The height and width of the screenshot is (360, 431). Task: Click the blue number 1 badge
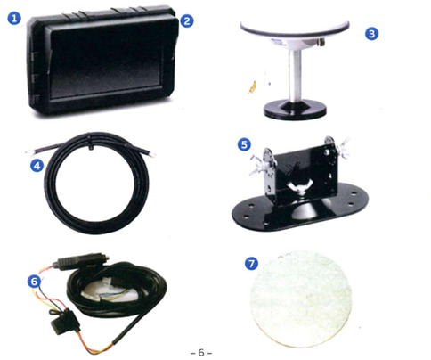pos(14,19)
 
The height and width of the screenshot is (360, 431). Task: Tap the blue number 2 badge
pos(187,20)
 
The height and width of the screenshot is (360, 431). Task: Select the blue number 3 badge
pos(371,34)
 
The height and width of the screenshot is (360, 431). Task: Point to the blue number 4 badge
pos(37,166)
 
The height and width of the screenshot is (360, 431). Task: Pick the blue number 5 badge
pos(244,144)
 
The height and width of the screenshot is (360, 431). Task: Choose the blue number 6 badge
pos(34,281)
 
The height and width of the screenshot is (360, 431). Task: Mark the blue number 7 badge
pos(251,264)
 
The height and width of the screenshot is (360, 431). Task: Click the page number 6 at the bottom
pos(201,353)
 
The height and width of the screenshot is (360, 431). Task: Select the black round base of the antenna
pos(295,110)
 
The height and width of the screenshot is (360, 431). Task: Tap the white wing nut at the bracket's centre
pos(299,187)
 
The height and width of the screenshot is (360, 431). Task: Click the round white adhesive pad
pos(301,299)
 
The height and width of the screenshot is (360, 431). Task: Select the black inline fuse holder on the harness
pos(65,322)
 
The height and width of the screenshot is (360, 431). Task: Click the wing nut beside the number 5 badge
pos(256,165)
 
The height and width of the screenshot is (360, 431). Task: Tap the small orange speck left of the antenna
pos(252,87)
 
